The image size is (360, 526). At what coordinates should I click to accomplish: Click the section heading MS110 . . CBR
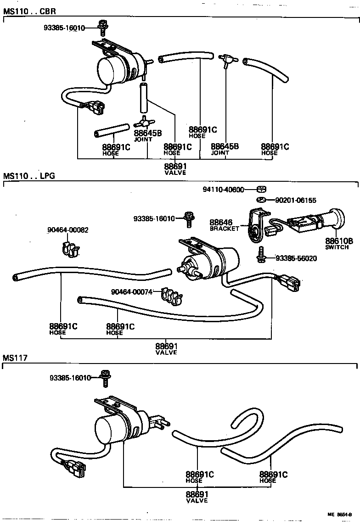(x=26, y=10)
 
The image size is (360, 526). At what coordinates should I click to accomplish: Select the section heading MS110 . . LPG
(x=26, y=176)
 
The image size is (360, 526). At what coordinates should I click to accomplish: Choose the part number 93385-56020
(x=296, y=258)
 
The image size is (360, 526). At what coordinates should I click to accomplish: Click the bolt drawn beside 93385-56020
(x=261, y=255)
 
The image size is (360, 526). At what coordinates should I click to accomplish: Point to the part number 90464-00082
(x=67, y=230)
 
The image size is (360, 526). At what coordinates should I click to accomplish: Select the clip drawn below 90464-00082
(x=70, y=248)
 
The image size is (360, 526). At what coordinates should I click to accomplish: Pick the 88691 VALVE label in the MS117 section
(x=197, y=497)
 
